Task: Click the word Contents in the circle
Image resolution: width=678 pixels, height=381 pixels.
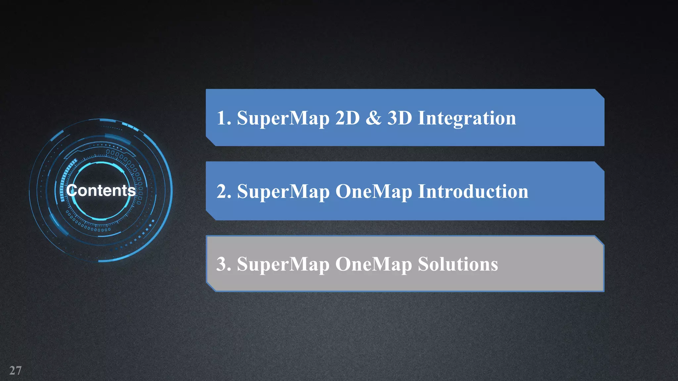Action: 101,190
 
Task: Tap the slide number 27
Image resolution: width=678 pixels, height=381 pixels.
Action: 16,370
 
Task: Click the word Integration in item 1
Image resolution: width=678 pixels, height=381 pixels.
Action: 467,118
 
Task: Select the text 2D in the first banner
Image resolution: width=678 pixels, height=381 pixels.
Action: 347,118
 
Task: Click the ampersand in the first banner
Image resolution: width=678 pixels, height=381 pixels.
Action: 373,118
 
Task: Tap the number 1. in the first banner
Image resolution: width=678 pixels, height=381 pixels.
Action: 224,118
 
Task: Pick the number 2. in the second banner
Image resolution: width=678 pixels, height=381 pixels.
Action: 224,191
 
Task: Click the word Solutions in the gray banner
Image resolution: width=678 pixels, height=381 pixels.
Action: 458,264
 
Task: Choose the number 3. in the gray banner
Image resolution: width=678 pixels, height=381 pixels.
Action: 224,264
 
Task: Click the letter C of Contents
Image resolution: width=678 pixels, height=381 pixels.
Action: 72,190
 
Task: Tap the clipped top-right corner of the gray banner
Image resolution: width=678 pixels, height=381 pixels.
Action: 599,240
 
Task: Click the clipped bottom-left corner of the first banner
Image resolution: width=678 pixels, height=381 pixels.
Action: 211,141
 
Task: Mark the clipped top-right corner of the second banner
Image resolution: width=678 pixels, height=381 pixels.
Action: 600,166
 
